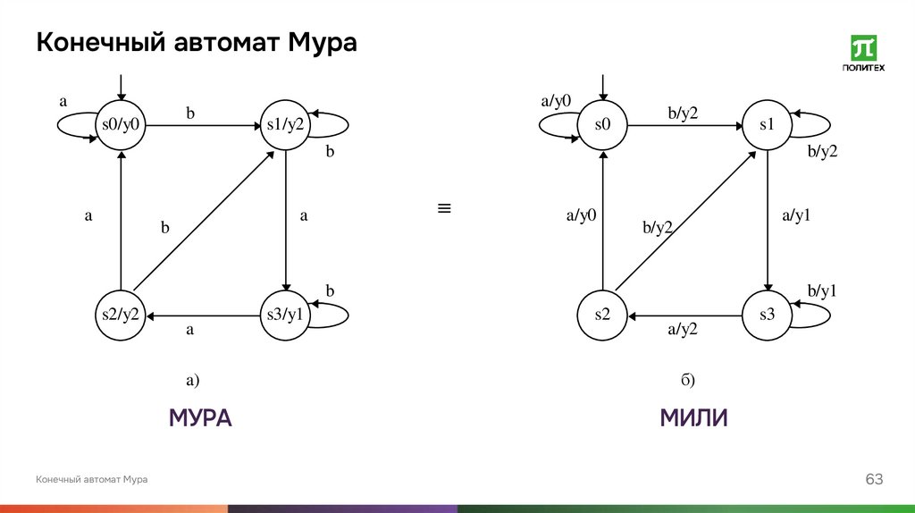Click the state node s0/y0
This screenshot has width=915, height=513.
121,125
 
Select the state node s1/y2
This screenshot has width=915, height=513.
285,125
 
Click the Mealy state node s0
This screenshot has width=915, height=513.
603,125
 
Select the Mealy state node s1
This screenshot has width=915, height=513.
768,125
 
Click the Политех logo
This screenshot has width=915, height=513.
864,54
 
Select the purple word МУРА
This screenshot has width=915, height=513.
200,418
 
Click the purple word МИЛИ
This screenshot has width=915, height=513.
693,418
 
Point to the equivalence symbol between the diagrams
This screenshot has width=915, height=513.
443,209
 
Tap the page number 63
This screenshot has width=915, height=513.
873,481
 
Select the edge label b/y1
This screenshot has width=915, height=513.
821,291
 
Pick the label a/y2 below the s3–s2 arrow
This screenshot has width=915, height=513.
683,330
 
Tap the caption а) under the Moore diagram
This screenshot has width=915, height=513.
192,381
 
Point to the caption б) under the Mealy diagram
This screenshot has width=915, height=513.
687,381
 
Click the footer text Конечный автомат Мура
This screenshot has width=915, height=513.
92,481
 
